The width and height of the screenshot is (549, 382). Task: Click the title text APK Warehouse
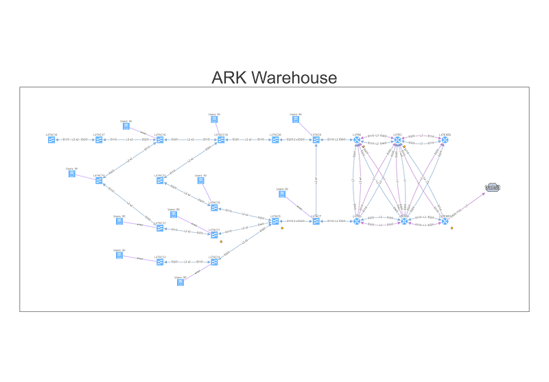click(274, 77)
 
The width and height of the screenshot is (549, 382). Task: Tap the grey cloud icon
click(493, 187)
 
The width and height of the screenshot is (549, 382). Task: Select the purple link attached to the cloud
click(468, 203)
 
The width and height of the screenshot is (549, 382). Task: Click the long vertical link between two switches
click(316, 180)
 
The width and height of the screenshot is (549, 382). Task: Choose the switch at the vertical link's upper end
click(316, 140)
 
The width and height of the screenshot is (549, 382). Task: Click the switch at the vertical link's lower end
click(316, 221)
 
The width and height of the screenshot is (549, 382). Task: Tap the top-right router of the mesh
click(445, 140)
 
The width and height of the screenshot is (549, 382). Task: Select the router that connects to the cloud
click(445, 221)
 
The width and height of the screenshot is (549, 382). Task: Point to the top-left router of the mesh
click(356, 140)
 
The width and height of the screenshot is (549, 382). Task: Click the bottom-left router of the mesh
click(356, 221)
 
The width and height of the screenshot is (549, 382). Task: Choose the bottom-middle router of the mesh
click(404, 221)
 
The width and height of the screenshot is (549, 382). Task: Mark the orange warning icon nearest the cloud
click(452, 228)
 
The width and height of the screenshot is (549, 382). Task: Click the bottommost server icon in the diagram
click(180, 282)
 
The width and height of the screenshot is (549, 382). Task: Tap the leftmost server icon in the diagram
click(71, 174)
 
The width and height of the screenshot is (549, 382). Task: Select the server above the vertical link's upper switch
click(296, 120)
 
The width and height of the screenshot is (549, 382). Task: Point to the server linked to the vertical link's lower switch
click(282, 194)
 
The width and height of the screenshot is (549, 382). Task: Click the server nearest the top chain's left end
click(126, 126)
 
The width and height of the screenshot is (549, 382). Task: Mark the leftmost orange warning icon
click(220, 241)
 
